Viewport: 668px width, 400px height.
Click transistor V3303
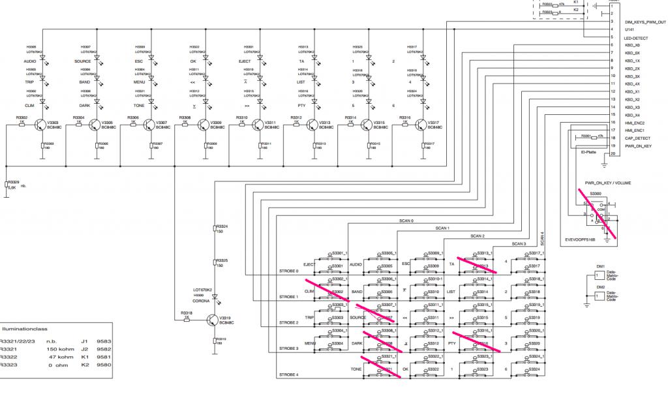[42, 125]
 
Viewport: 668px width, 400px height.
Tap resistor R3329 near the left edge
[7, 185]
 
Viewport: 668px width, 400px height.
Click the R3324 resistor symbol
[215, 230]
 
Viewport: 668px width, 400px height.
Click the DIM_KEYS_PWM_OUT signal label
[645, 22]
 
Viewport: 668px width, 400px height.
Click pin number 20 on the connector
[613, 154]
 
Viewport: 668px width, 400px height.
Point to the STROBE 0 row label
[288, 271]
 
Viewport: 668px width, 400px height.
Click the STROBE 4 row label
[288, 375]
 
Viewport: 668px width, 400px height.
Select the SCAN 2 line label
[478, 236]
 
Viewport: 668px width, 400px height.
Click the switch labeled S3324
[534, 369]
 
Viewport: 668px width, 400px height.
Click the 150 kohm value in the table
[55, 348]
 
